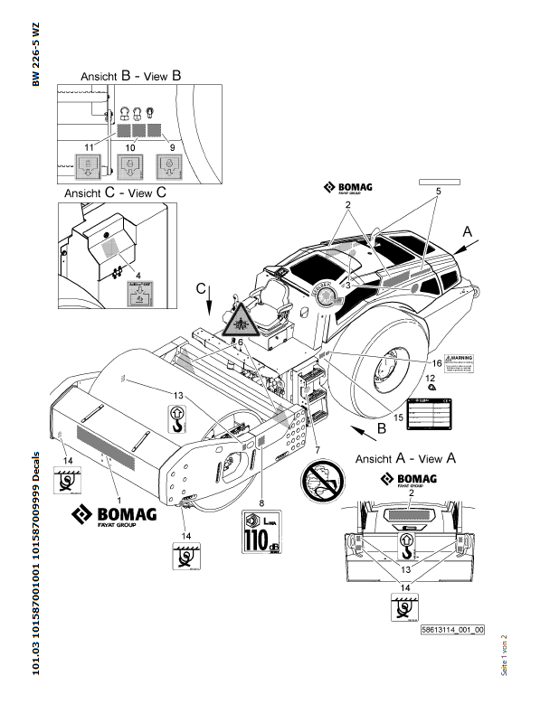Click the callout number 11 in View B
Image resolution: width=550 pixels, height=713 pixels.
pos(88,145)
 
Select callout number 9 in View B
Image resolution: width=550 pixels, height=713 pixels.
pos(173,145)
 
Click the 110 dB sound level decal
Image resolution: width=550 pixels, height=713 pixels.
pos(261,531)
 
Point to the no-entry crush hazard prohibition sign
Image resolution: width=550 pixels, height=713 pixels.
pos(323,475)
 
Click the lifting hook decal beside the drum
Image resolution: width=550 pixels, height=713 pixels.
pos(178,417)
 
